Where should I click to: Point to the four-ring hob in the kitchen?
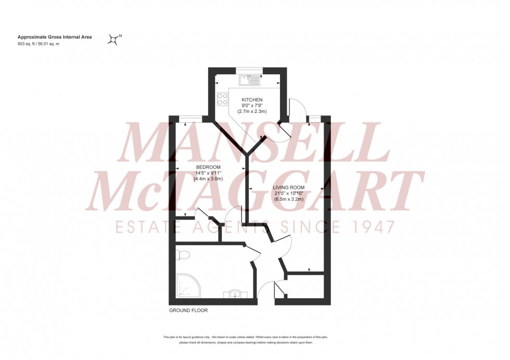[x=223, y=98]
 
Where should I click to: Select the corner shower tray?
[x=186, y=286]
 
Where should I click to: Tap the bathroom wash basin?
[x=236, y=294]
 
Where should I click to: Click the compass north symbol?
[x=113, y=38]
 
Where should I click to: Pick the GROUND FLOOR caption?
[x=188, y=311]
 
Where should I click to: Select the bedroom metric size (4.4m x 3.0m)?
[x=209, y=178]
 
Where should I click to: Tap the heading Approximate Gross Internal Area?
[x=55, y=37]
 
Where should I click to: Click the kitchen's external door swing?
[x=294, y=108]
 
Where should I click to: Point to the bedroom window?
[x=187, y=118]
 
